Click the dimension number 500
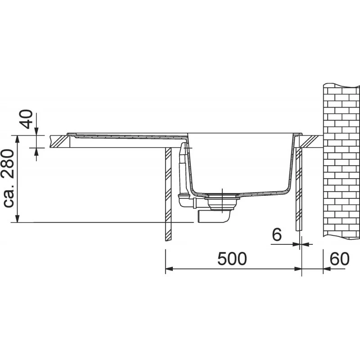coord(232,259)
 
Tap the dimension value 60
coord(340,259)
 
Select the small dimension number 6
coord(277,234)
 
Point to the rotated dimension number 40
coord(27,119)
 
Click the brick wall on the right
coord(342,161)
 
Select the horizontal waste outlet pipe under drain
coord(213,216)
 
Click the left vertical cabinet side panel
coord(168,194)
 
